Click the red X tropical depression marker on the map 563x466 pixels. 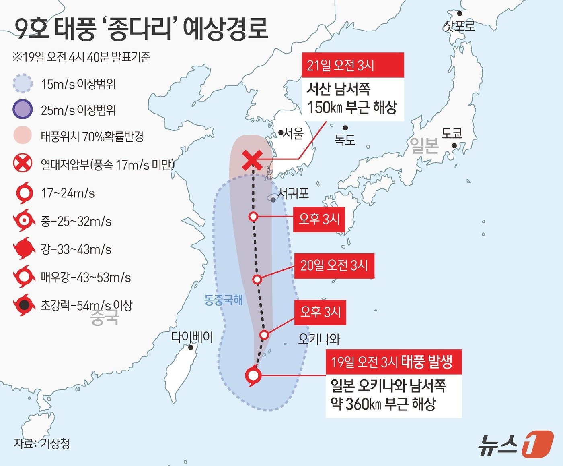click(253, 160)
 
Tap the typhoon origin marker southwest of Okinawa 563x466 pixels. click(253, 376)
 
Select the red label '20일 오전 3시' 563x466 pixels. click(334, 265)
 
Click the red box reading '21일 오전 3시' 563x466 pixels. click(353, 65)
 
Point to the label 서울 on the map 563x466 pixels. click(293, 133)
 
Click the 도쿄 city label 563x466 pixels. click(452, 133)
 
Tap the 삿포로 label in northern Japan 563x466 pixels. click(459, 26)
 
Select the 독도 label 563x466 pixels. click(345, 140)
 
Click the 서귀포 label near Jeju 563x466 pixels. click(294, 194)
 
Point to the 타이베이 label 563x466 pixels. click(192, 337)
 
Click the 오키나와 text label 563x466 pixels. click(319, 339)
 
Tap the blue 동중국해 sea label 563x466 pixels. click(224, 300)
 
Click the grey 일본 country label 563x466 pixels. click(424, 145)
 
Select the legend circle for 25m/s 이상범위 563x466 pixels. click(23, 109)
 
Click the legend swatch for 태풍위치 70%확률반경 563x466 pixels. click(23, 136)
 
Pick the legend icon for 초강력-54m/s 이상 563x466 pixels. click(24, 305)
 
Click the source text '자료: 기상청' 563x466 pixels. click(42, 443)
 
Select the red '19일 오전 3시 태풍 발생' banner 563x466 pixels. click(394, 362)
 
